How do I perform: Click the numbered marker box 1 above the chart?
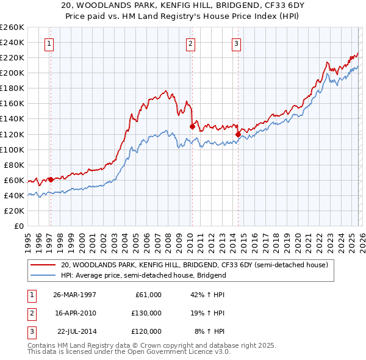click(x=48, y=43)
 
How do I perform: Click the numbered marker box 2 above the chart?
click(x=191, y=43)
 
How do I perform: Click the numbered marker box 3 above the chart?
click(x=236, y=43)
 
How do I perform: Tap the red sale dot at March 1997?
click(x=51, y=179)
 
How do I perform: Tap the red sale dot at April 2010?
click(x=192, y=126)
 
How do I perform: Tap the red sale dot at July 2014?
click(x=238, y=134)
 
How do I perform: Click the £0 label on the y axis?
click(x=18, y=226)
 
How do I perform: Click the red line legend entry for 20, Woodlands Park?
click(x=195, y=265)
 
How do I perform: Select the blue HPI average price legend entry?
click(x=143, y=275)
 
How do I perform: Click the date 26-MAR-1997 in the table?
click(x=75, y=295)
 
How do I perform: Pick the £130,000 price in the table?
click(x=146, y=313)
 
